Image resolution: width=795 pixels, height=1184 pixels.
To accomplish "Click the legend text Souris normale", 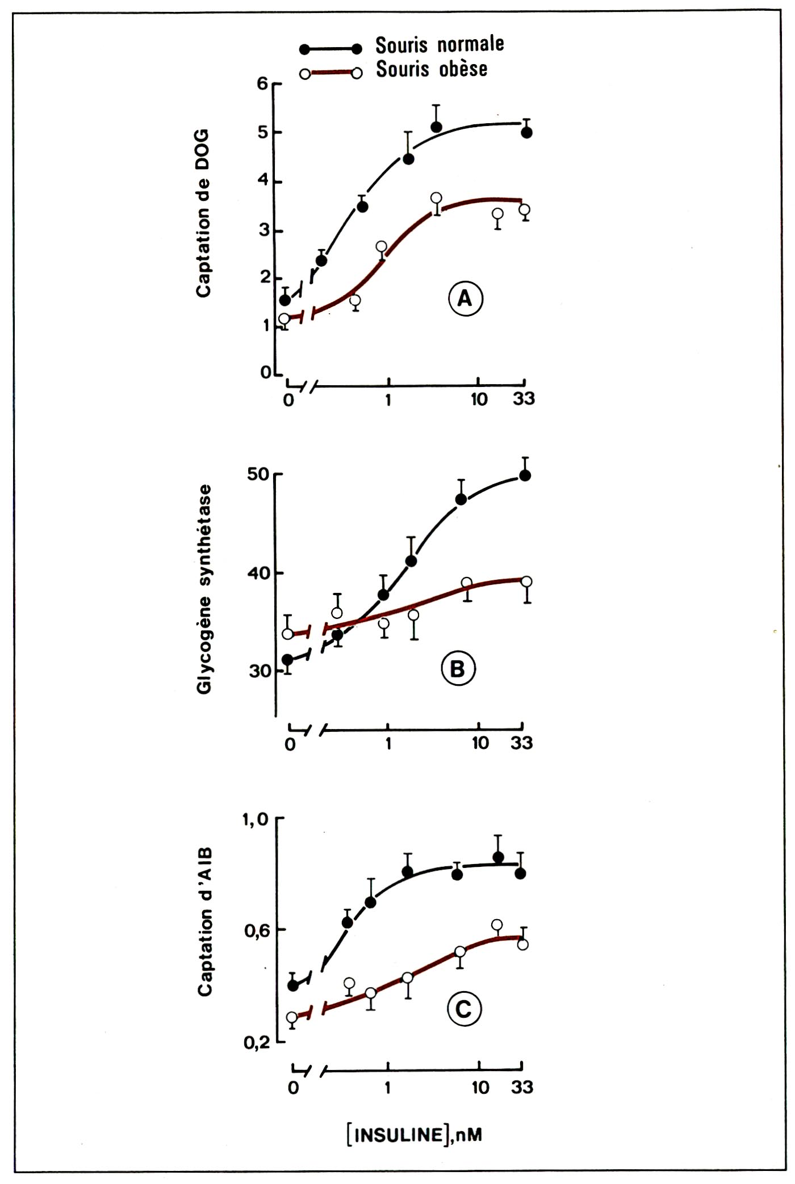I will point(440,44).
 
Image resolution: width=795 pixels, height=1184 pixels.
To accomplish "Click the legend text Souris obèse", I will point(432,69).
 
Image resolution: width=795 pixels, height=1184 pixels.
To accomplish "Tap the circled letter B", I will point(458,669).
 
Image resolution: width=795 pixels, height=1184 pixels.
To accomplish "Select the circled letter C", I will point(464,1009).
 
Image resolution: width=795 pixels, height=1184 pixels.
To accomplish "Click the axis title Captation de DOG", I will point(203,213).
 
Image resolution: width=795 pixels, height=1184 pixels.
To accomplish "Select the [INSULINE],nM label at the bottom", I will point(415,1134).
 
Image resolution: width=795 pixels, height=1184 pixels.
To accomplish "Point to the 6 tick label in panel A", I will point(262,83).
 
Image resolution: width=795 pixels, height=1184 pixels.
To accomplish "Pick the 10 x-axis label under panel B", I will point(480,743).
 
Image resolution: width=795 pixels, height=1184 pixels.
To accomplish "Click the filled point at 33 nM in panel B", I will point(525,475).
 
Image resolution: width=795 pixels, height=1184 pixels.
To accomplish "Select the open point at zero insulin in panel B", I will point(288,633).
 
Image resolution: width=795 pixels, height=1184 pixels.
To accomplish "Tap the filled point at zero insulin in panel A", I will point(286,300).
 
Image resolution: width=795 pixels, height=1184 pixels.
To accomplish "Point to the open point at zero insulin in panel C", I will point(292,1017).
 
